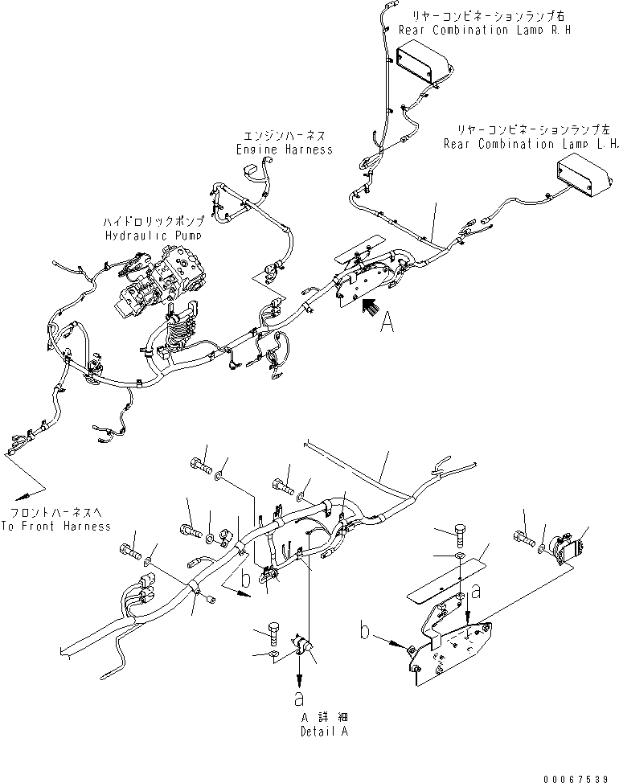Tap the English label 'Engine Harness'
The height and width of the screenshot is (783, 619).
[284, 150]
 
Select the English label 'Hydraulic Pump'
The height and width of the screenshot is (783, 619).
[154, 235]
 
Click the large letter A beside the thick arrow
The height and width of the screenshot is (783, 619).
[387, 323]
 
